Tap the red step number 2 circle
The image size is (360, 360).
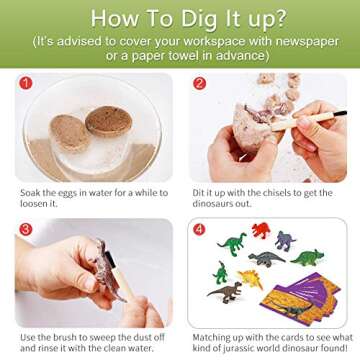199,86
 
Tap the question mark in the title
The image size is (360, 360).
275,19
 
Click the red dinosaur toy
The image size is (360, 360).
261,232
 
